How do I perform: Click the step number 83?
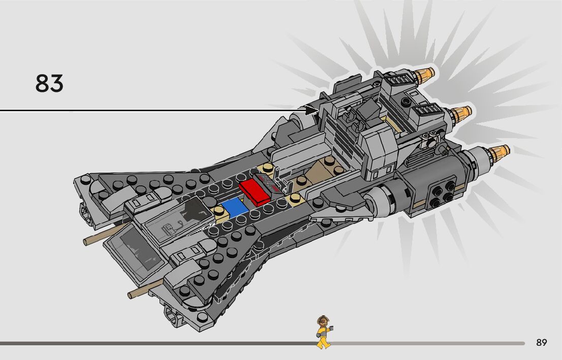[x=49, y=83]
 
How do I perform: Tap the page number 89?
[x=541, y=343]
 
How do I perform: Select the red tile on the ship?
[x=255, y=191]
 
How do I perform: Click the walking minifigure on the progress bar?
[x=322, y=333]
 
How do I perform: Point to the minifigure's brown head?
[x=322, y=321]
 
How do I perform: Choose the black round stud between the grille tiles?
[x=406, y=101]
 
